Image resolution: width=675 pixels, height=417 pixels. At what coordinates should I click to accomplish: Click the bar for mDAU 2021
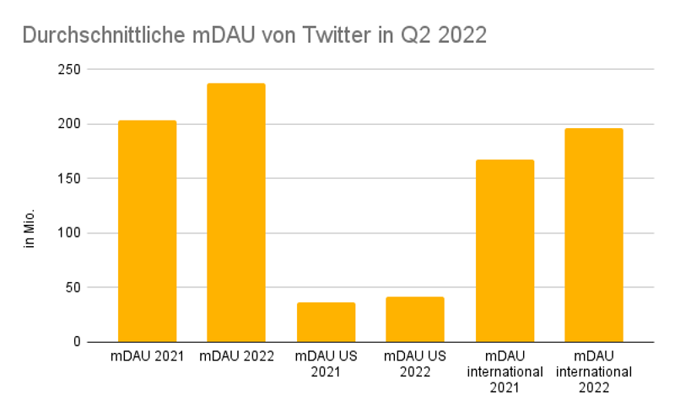[147, 232]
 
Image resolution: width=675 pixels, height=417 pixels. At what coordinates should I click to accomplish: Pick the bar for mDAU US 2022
[415, 319]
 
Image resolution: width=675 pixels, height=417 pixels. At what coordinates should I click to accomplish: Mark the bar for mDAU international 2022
[594, 235]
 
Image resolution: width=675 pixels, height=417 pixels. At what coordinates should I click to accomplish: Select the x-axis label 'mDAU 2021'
[147, 356]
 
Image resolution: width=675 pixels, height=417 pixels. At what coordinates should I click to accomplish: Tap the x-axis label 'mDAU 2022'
[236, 356]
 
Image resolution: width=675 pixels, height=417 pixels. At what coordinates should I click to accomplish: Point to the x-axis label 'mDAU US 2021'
[326, 363]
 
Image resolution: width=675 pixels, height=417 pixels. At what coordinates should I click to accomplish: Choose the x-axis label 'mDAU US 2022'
[415, 363]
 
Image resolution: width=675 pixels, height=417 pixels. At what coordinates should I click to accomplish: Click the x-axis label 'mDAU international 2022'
[594, 371]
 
